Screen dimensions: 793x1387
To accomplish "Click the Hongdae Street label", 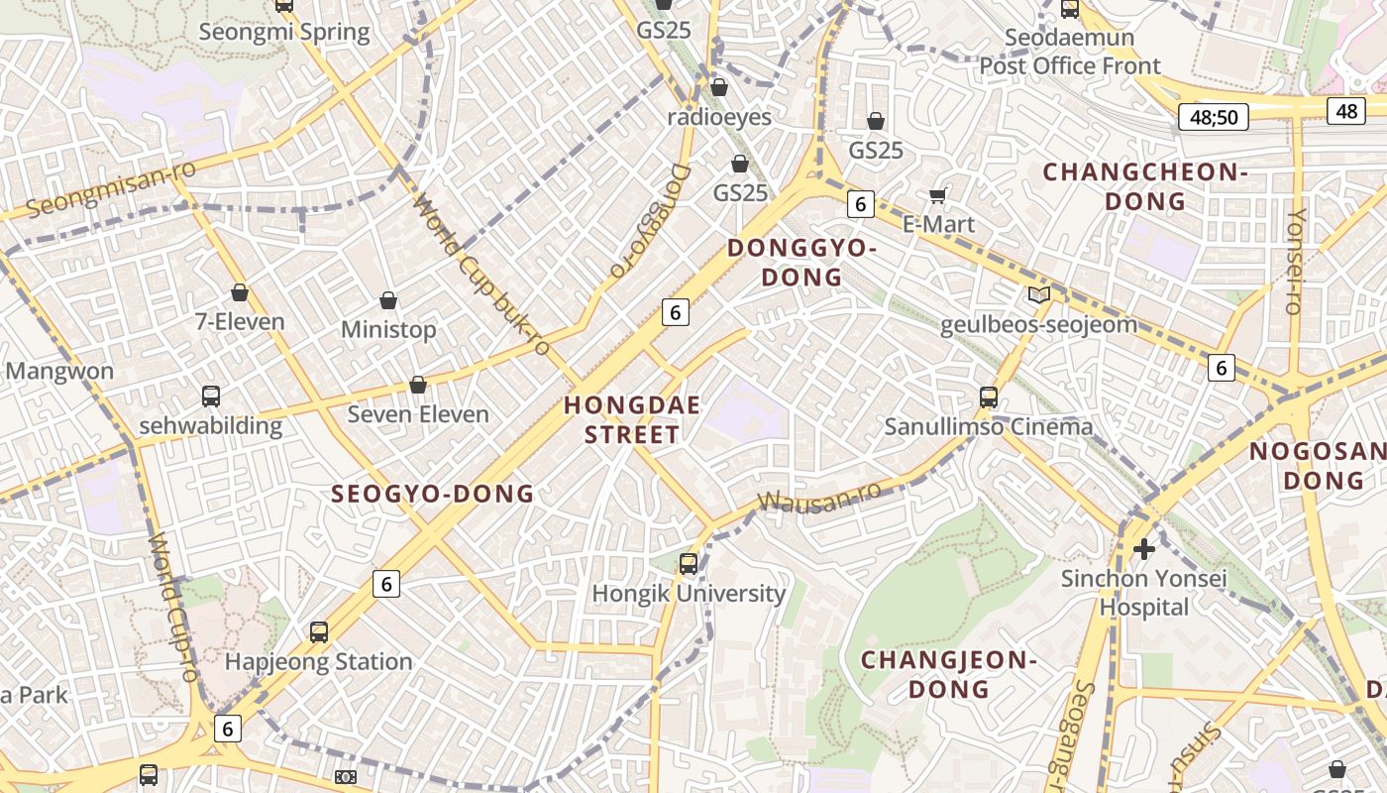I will pyautogui.click(x=632, y=419).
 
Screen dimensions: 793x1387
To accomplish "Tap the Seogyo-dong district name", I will pyautogui.click(x=433, y=494).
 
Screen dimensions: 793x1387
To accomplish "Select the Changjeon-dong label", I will pyautogui.click(x=948, y=674).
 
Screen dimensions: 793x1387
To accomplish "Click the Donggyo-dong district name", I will pyautogui.click(x=801, y=263).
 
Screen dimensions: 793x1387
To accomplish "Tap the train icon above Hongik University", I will pyautogui.click(x=689, y=564).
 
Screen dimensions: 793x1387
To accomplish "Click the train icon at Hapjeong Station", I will pyautogui.click(x=318, y=632).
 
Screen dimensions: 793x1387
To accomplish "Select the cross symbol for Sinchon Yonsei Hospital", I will pyautogui.click(x=1144, y=548).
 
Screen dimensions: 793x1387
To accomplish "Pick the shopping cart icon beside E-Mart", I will pyautogui.click(x=938, y=195).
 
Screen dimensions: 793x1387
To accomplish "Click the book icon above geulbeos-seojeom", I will pyautogui.click(x=1038, y=294).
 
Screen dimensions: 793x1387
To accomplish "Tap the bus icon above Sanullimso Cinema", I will pyautogui.click(x=988, y=397).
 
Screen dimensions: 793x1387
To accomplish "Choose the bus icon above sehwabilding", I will pyautogui.click(x=211, y=396).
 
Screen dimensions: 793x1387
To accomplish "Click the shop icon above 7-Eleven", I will pyautogui.click(x=239, y=292).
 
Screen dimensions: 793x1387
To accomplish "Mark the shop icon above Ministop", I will pyautogui.click(x=388, y=300).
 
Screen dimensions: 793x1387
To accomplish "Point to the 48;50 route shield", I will pyautogui.click(x=1213, y=118).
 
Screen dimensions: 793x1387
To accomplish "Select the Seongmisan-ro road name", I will pyautogui.click(x=111, y=188).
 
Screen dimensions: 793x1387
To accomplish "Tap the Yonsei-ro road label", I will pyautogui.click(x=1295, y=261).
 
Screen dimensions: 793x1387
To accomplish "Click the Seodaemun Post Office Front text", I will pyautogui.click(x=1070, y=53).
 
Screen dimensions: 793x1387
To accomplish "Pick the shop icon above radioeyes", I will pyautogui.click(x=719, y=88).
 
